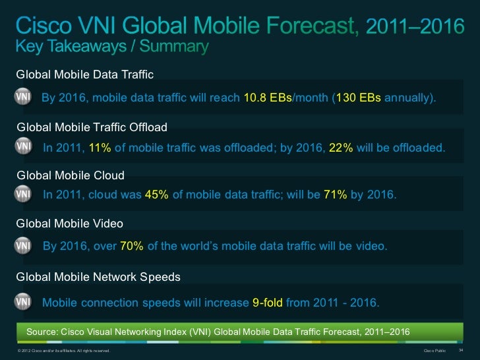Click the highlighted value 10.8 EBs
coord(267,98)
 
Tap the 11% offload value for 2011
coord(100,148)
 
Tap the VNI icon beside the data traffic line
coord(24,97)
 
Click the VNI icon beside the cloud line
coord(24,195)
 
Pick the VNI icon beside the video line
coord(24,245)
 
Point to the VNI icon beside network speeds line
coord(24,301)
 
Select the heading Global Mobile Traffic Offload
coord(92,126)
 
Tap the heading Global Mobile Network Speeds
coord(98,277)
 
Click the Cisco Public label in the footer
coord(435,350)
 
